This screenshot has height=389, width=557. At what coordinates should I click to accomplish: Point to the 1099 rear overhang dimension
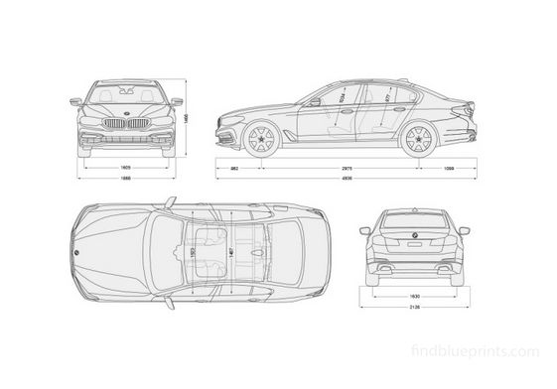pyautogui.click(x=450, y=169)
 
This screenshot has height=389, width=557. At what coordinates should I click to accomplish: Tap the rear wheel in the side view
pyautogui.click(x=417, y=138)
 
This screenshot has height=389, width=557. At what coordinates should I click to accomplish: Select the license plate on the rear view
pyautogui.click(x=411, y=241)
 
